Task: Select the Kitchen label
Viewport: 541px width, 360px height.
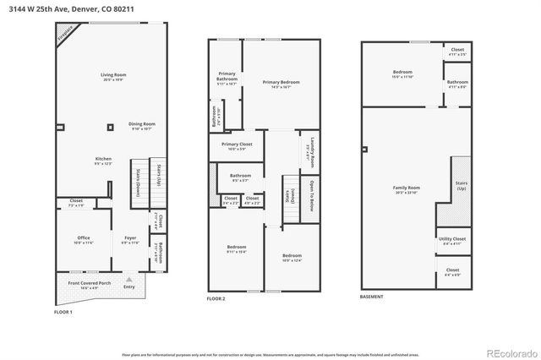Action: (x=104, y=161)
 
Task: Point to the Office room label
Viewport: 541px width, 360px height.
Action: (x=84, y=239)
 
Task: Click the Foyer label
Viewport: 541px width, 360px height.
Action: (x=129, y=239)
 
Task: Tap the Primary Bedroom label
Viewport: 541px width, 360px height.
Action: (x=276, y=83)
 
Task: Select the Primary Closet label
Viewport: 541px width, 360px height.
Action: (x=238, y=145)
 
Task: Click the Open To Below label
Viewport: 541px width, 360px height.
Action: (x=312, y=195)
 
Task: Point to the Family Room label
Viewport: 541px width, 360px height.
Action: (x=406, y=189)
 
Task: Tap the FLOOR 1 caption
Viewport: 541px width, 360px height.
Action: (x=63, y=313)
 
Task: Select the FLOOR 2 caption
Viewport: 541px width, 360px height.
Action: (x=218, y=299)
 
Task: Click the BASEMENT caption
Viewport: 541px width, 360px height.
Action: (x=372, y=297)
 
